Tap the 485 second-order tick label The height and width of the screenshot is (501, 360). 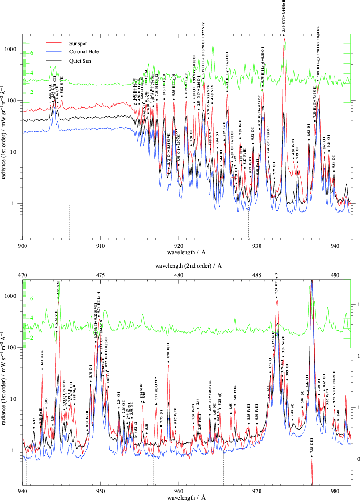click(x=257, y=275)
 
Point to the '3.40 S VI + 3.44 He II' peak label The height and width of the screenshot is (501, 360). click(x=283, y=15)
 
